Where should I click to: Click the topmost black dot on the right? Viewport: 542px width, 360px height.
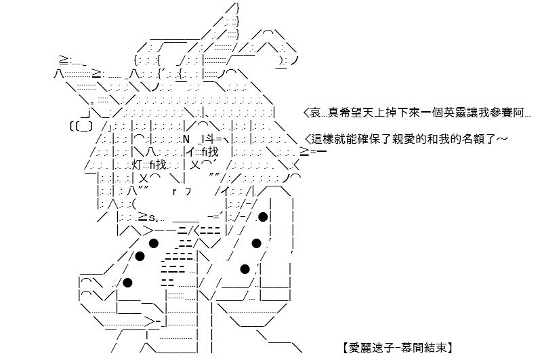(263, 217)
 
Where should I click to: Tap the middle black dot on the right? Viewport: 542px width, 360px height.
(256, 243)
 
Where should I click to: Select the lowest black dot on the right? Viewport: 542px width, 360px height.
(245, 269)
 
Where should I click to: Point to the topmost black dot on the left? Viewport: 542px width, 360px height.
(154, 243)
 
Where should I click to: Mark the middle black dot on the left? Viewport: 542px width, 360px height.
(140, 256)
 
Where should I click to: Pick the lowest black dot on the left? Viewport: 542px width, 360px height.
(127, 283)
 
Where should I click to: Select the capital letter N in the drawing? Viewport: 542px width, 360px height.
(186, 140)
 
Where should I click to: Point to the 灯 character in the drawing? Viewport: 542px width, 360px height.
(137, 165)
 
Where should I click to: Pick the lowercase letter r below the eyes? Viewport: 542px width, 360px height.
(175, 192)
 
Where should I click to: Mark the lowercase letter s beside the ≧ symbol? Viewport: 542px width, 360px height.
(152, 218)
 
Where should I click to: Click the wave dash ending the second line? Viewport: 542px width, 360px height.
(502, 139)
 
